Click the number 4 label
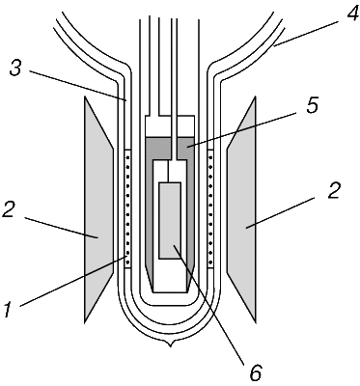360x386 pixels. [346, 12]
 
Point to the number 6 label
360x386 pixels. [257, 373]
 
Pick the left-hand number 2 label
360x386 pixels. [10, 208]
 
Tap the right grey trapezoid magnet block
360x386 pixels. [241, 209]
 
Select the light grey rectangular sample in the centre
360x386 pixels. [170, 221]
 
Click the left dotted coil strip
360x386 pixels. [127, 209]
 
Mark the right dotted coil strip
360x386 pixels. [211, 209]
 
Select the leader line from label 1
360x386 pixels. [73, 281]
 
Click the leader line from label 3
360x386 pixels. [78, 86]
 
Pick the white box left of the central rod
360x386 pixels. [157, 126]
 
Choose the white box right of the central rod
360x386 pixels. [186, 126]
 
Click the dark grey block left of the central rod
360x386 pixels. [157, 149]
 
